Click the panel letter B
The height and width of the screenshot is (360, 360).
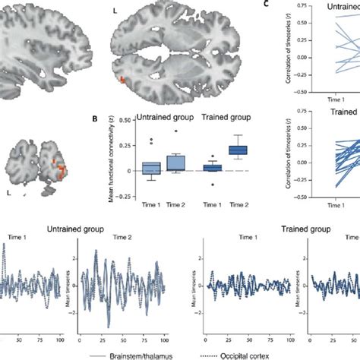[x=93, y=118]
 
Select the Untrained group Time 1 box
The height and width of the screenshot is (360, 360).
[x=152, y=168]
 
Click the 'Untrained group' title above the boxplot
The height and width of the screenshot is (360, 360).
[x=165, y=118]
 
